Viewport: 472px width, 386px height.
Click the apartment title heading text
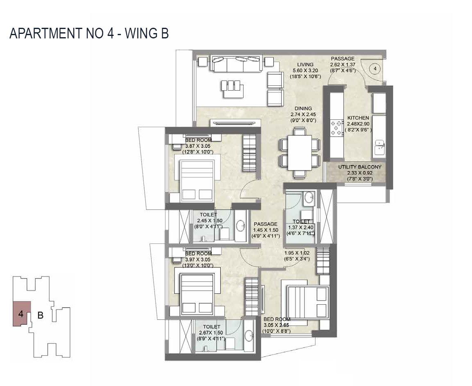coord(89,33)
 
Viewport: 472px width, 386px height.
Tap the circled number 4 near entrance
coord(375,69)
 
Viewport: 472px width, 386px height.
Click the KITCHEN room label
coord(358,118)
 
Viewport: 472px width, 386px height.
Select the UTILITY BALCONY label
coord(360,167)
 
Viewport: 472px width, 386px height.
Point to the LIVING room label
coord(305,65)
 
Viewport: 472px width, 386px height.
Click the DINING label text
coord(303,109)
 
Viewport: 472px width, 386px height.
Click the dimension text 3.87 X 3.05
coord(198,146)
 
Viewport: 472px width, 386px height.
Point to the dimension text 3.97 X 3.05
coord(198,259)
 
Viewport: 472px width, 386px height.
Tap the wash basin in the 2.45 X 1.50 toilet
coord(241,225)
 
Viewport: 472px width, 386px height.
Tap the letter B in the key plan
coord(40,315)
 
